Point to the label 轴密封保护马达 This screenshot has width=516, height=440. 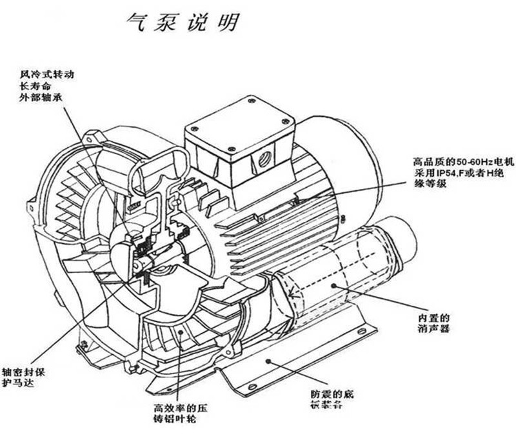tap(26, 377)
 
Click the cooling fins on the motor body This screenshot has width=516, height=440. tap(258, 226)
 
